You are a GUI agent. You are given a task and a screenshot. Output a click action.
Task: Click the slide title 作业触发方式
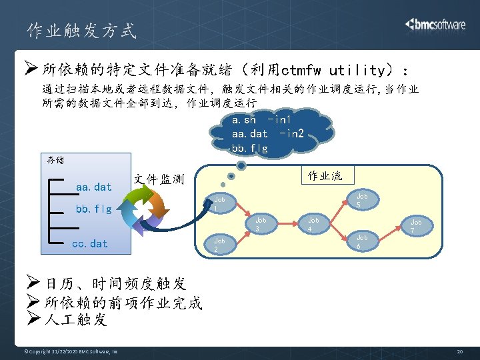81,31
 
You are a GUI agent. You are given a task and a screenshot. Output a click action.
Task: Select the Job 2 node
220,244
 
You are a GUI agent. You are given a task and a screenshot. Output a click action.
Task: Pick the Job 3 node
261,224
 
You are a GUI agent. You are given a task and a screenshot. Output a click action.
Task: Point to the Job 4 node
313,224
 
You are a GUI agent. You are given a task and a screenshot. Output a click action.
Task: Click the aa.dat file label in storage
94,187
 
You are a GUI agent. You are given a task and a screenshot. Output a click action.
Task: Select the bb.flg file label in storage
93,209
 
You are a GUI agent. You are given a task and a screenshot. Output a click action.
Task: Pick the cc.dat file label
89,243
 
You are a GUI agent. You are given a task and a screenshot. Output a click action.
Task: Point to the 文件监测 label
159,179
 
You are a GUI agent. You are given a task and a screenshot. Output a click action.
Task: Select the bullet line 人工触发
75,320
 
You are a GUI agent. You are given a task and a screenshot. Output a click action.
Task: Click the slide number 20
459,351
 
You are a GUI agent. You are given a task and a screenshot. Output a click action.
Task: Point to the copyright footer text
71,351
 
